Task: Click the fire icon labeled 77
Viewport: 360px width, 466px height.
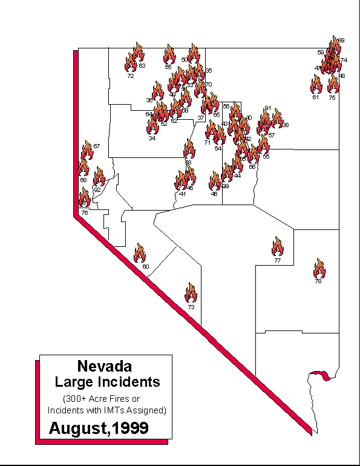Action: point(278,246)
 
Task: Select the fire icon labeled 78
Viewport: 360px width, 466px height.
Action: point(319,267)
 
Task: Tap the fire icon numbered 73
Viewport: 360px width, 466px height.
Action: point(191,293)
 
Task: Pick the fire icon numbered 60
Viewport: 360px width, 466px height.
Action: point(140,253)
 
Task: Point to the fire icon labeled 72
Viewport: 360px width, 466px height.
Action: point(130,62)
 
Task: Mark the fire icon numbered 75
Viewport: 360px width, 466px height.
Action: point(332,84)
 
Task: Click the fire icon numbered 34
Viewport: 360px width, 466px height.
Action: point(152,126)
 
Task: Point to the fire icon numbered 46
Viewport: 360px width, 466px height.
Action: point(215,181)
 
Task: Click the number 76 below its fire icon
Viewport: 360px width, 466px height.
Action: point(85,212)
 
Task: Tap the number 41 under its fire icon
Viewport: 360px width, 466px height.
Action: point(182,194)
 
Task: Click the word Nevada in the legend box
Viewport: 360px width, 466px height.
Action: point(105,366)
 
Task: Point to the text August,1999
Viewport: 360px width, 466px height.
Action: point(99,428)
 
